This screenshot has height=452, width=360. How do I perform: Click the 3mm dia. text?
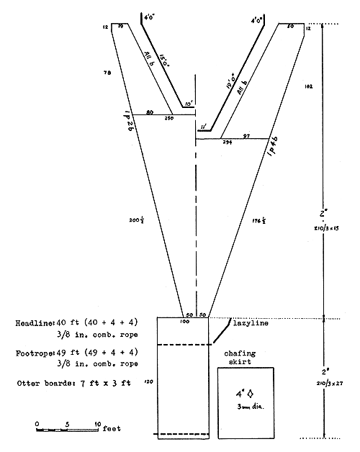(248, 407)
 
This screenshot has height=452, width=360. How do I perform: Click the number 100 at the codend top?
(184, 321)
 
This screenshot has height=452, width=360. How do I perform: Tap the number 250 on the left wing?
(169, 118)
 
